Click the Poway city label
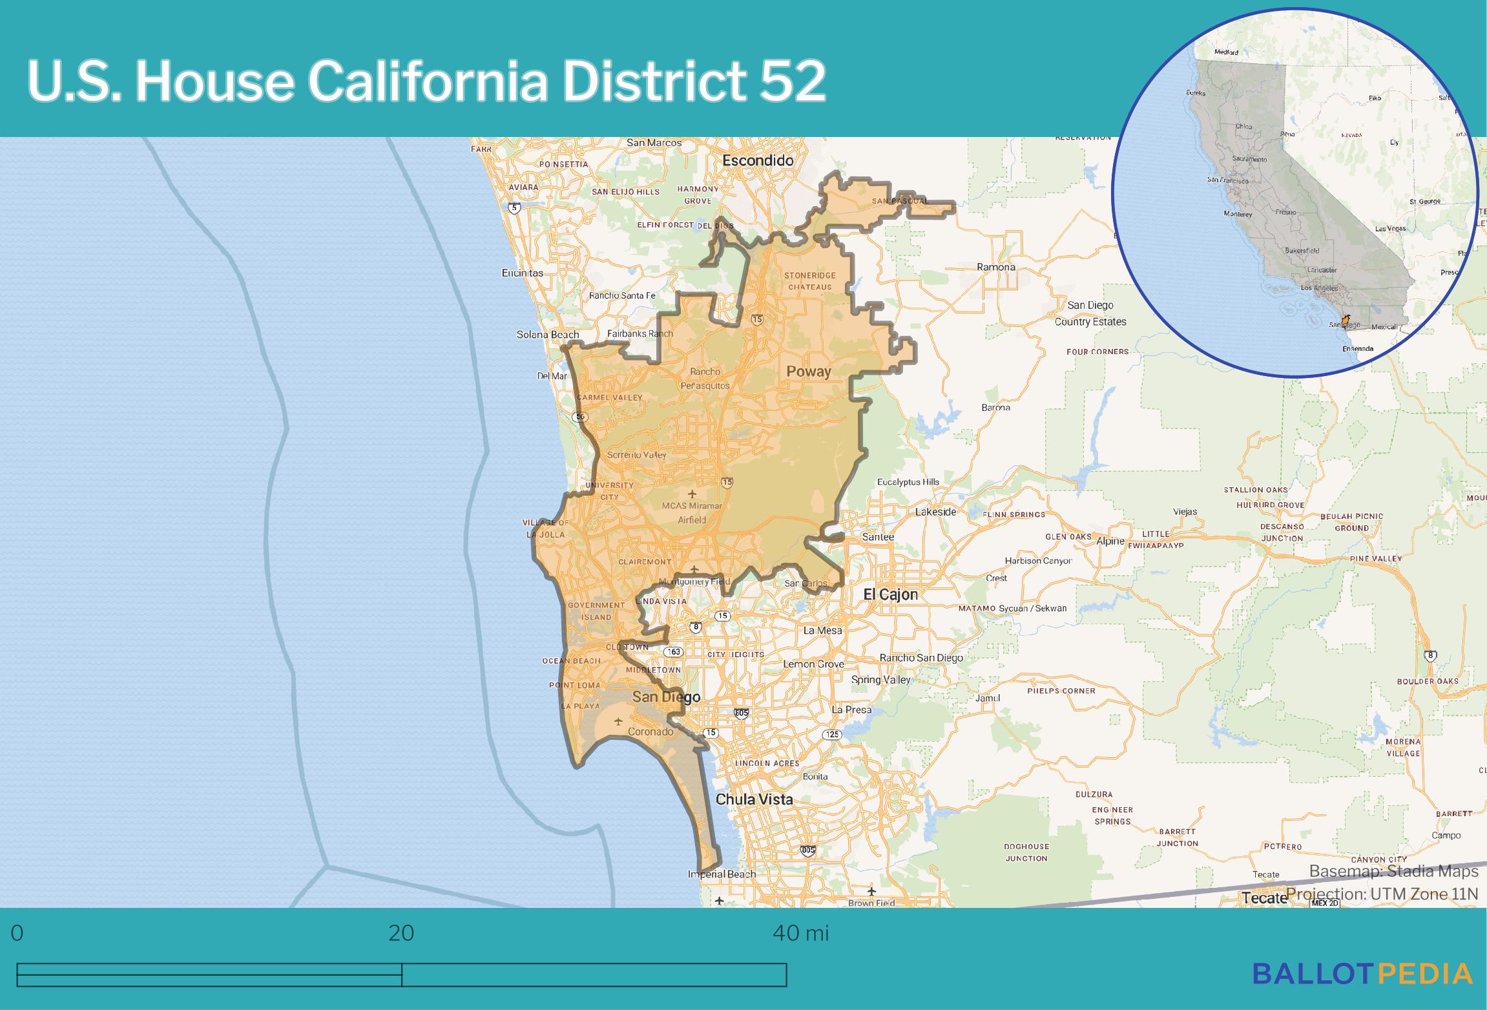[x=808, y=372]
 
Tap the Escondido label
[x=757, y=160]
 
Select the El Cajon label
[x=890, y=594]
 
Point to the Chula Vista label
[x=754, y=799]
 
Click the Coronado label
[x=650, y=732]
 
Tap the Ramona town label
[x=995, y=267]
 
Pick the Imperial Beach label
[x=722, y=874]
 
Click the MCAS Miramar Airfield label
[x=692, y=512]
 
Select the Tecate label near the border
[x=1264, y=898]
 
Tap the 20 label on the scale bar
[x=401, y=933]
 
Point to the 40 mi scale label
[x=800, y=933]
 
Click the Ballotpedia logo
[x=1362, y=974]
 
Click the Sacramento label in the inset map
[x=1249, y=159]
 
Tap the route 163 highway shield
[x=673, y=652]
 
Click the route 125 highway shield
[x=831, y=735]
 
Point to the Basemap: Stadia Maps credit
[x=1393, y=872]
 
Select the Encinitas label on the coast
[x=522, y=273]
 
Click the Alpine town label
[x=1110, y=542]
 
